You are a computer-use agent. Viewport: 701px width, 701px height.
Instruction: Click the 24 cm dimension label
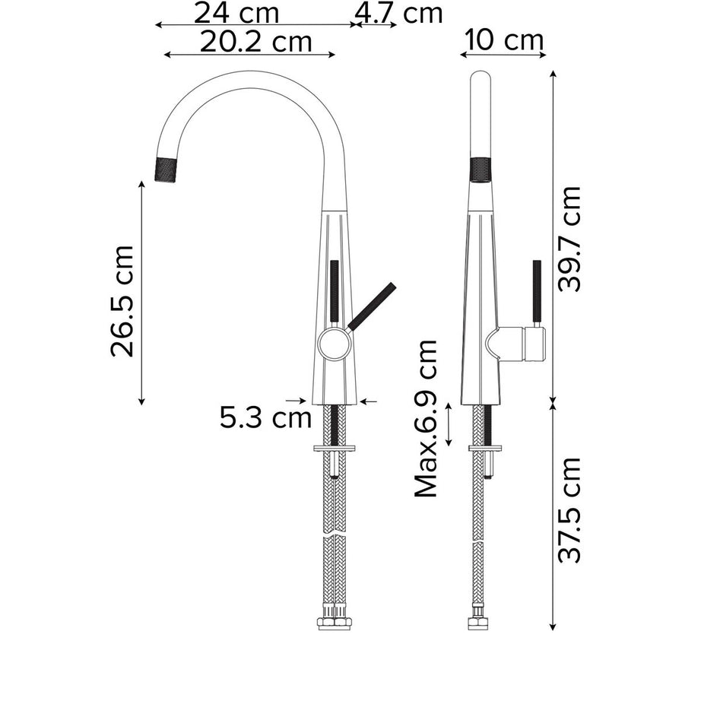(x=236, y=13)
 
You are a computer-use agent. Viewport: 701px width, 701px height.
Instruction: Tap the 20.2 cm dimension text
(x=256, y=43)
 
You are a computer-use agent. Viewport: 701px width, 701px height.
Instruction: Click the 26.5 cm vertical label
(x=122, y=301)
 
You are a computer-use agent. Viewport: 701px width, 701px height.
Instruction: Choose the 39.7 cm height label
(x=569, y=239)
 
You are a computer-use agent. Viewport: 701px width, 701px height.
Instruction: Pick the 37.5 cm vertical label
(x=569, y=510)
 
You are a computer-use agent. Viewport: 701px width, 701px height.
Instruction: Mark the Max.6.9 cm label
(x=427, y=419)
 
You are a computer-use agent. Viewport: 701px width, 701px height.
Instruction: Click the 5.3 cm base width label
(x=265, y=417)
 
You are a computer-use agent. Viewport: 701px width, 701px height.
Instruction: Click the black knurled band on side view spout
(x=481, y=170)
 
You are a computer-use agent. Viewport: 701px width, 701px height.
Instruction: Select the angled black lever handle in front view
(x=372, y=306)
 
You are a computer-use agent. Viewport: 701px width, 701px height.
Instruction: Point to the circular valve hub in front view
(x=334, y=344)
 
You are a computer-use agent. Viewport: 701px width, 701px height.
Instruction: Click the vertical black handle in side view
(x=536, y=293)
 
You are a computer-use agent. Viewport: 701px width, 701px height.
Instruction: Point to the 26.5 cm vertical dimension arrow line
(x=142, y=293)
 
